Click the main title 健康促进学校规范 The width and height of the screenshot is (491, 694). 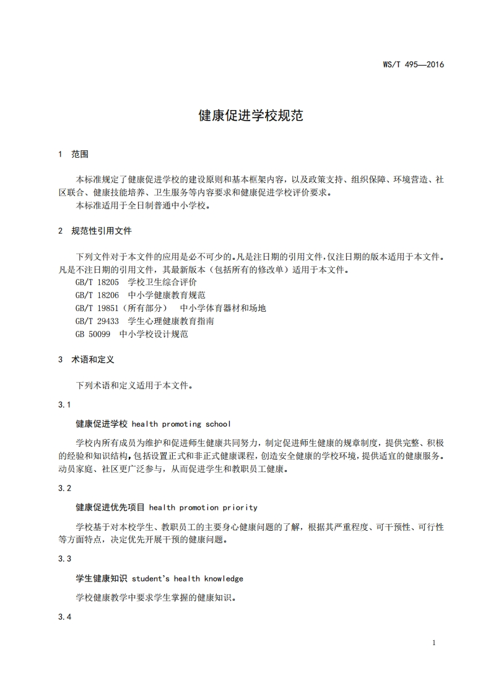[250, 116]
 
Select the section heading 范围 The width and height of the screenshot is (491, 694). [80, 154]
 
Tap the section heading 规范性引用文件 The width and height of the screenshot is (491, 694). [102, 231]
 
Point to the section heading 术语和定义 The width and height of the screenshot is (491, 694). [93, 359]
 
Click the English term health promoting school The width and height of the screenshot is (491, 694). [181, 424]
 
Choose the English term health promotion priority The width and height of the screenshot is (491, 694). [203, 507]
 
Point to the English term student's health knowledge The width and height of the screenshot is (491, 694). [188, 578]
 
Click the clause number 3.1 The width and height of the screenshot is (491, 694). [64, 405]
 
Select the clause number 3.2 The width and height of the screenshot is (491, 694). [64, 488]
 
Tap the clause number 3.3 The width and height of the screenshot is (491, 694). [64, 559]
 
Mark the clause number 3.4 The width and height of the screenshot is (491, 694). [64, 617]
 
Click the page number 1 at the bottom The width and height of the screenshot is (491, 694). [434, 643]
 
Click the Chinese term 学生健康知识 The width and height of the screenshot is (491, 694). [102, 578]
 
